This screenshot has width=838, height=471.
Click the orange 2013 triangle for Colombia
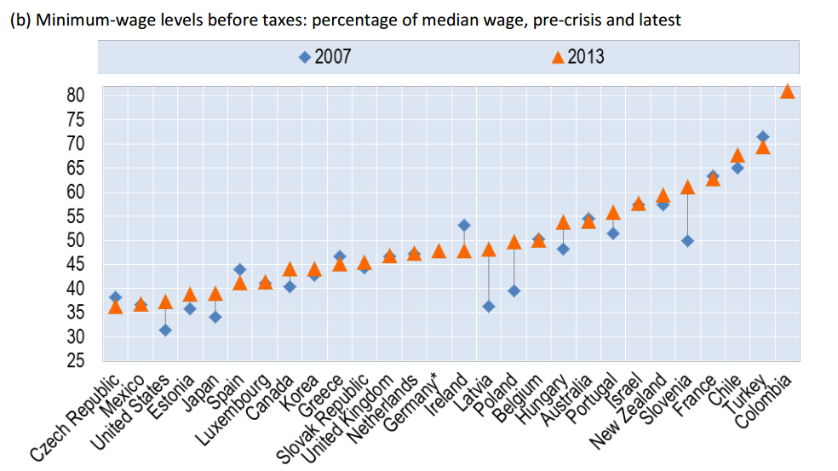[788, 91]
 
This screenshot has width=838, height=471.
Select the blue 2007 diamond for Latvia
[488, 306]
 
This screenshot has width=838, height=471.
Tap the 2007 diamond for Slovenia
[687, 241]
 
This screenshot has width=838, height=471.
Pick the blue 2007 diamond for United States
[165, 330]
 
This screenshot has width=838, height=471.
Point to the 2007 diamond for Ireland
[463, 225]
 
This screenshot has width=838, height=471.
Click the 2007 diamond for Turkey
[763, 136]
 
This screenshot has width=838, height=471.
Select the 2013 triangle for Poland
[514, 242]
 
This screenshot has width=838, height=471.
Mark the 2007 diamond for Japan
[215, 317]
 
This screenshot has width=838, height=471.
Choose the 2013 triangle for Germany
[439, 251]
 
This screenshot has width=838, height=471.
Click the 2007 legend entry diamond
[304, 57]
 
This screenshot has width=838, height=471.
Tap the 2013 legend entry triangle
[558, 57]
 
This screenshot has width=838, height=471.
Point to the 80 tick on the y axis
[76, 95]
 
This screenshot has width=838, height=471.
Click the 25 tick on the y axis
[76, 361]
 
